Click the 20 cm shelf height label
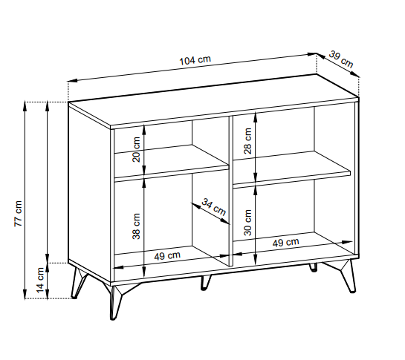(136, 150)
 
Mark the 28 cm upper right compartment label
(247, 140)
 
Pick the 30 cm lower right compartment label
(247, 220)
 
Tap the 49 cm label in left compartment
(167, 256)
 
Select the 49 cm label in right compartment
(286, 242)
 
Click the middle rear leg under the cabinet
(205, 283)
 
